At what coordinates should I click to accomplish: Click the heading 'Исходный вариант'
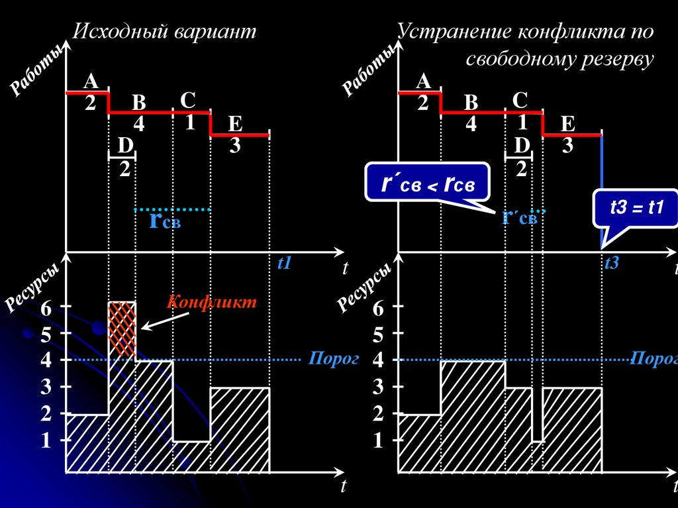pyautogui.click(x=164, y=32)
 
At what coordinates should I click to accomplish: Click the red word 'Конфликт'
pyautogui.click(x=211, y=302)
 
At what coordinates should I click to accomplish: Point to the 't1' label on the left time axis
pyautogui.click(x=284, y=264)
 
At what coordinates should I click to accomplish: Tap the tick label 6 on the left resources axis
pyautogui.click(x=46, y=308)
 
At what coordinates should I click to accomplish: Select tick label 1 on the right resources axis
pyautogui.click(x=378, y=441)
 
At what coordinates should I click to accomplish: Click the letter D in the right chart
pyautogui.click(x=522, y=145)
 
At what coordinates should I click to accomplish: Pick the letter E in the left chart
pyautogui.click(x=235, y=124)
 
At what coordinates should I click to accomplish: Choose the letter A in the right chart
pyautogui.click(x=423, y=81)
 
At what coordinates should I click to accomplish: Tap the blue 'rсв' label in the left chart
pyautogui.click(x=164, y=221)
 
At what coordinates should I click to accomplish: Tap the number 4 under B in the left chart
pyautogui.click(x=138, y=124)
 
